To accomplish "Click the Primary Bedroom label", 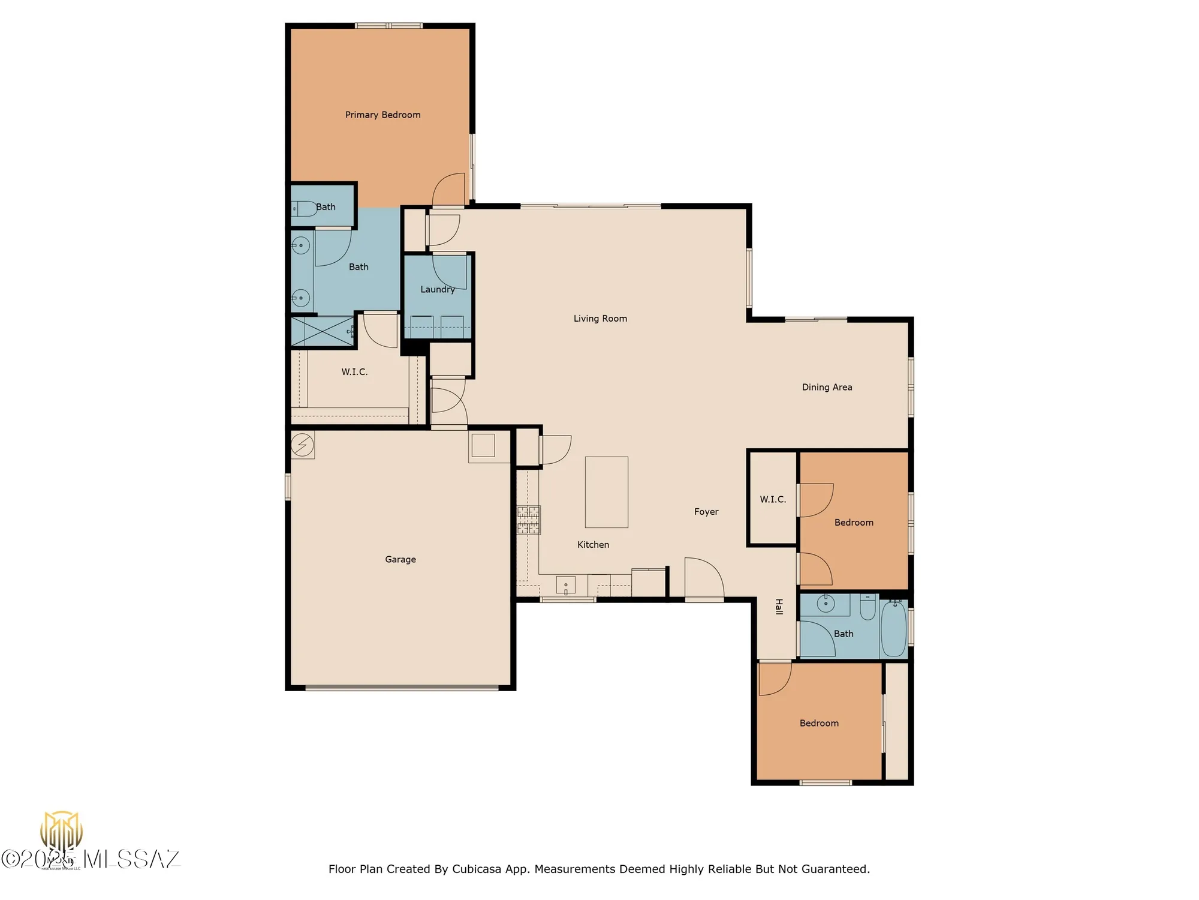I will (382, 115).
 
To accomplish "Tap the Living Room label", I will (600, 319).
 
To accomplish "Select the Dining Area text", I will (827, 388).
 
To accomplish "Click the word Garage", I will (400, 559).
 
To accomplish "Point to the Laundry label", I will (437, 289).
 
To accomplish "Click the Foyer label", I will (706, 512).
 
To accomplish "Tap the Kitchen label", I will (593, 545).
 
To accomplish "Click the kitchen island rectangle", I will (606, 492).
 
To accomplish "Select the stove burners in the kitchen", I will (528, 520).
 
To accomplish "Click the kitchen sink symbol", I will (565, 585).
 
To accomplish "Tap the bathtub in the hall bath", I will (894, 628).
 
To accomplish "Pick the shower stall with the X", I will (321, 331).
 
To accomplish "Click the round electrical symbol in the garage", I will (302, 445).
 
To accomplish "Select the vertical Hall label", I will (779, 607).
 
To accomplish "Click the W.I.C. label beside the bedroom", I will (772, 499).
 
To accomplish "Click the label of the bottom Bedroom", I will (818, 724).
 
